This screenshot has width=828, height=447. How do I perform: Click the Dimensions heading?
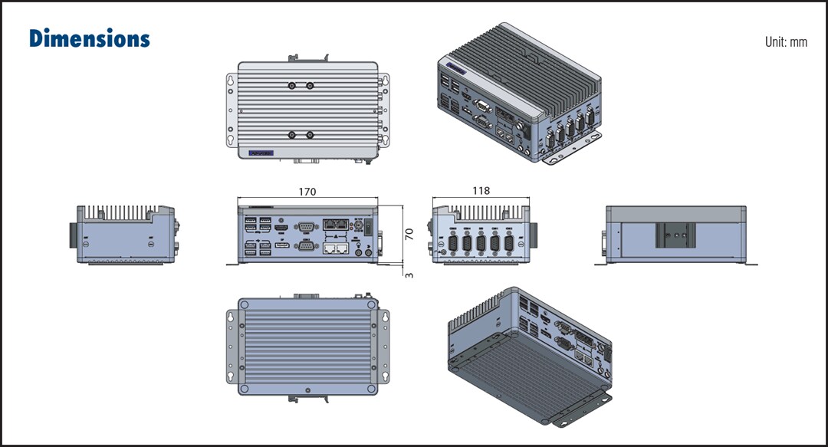pyautogui.click(x=90, y=38)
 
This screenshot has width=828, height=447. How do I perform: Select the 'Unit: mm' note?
pyautogui.click(x=786, y=42)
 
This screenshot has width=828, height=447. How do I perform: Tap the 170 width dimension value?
pyautogui.click(x=307, y=192)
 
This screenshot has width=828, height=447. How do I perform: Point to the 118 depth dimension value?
pyautogui.click(x=481, y=191)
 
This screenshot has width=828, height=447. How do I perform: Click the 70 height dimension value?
pyautogui.click(x=409, y=234)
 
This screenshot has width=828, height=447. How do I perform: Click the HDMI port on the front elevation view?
pyautogui.click(x=281, y=228)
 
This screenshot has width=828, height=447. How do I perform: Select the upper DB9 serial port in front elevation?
pyautogui.click(x=305, y=226)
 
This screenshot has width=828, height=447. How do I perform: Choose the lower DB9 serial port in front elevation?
pyautogui.click(x=305, y=245)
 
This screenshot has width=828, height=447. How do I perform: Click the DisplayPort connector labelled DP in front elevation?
pyautogui.click(x=281, y=245)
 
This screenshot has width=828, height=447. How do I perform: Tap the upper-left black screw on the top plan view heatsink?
pyautogui.click(x=291, y=86)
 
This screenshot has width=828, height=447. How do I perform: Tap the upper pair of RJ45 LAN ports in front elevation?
pyautogui.click(x=335, y=225)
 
